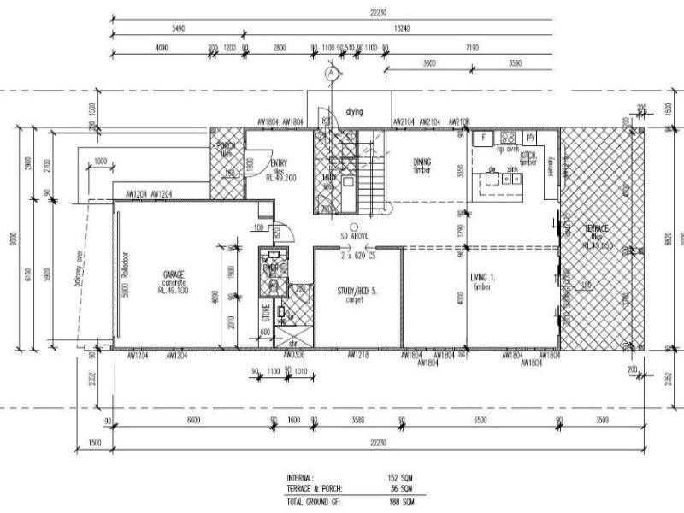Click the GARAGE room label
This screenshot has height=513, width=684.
[174, 274]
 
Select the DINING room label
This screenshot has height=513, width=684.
[422, 162]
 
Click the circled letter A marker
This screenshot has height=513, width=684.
[331, 75]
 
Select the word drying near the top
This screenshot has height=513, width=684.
[355, 112]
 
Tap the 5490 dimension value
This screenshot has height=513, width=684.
[179, 28]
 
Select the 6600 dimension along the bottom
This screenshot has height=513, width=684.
[192, 421]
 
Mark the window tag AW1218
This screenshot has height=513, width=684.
[357, 354]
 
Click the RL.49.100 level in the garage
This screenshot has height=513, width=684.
[174, 291]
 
